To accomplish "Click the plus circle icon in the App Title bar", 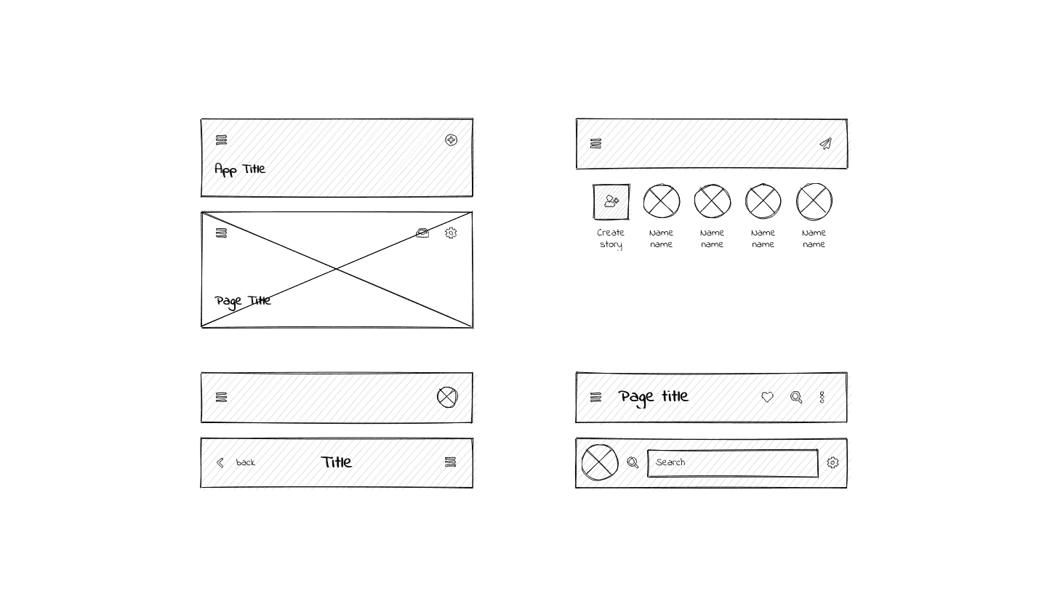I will pos(451,140).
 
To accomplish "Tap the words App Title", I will pos(240,169).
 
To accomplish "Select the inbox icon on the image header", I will pos(422,233).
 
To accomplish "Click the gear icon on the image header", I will pos(451,233).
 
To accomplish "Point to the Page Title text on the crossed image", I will pos(243,301).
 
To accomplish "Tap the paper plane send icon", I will pos(825,144).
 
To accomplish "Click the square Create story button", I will pos(611,201).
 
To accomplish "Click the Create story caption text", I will pos(611,238).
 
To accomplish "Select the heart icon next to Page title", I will pos(767,397).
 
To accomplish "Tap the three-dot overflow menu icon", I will pos(822,397).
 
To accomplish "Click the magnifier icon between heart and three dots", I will pos(796,397).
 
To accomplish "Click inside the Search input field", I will pos(732,463).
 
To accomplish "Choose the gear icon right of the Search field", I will pos(833,463).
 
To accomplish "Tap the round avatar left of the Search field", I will pos(600,463).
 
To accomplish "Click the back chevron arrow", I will pos(220,463).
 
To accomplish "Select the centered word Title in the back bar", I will pos(337,462).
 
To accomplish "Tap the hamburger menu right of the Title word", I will pos(451,462).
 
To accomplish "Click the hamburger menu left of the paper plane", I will pos(595,144).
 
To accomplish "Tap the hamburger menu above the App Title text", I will pos(221,140).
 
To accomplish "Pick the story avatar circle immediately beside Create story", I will pos(662,201).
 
